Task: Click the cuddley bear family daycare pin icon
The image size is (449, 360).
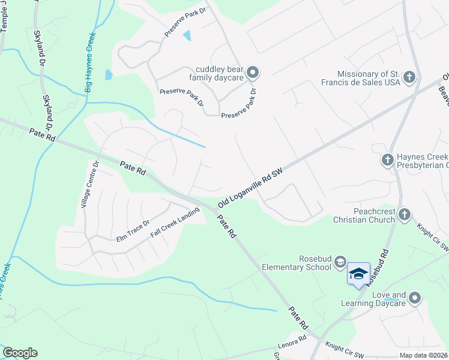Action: point(253,73)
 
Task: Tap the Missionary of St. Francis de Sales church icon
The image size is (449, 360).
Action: point(409,77)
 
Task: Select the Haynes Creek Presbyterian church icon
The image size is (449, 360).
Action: point(388,160)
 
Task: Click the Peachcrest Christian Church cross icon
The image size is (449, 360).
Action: point(405,214)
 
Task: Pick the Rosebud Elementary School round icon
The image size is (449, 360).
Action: point(340,261)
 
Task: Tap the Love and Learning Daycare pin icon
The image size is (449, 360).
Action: point(415,298)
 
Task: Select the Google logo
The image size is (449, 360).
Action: point(20,353)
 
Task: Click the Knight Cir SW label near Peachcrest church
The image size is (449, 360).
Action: point(433,236)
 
